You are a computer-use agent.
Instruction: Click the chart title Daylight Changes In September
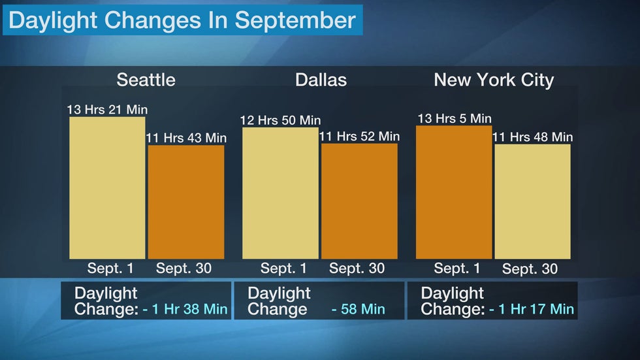(x=182, y=20)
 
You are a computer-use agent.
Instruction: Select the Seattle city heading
(x=146, y=80)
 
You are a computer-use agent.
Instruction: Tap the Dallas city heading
(x=321, y=80)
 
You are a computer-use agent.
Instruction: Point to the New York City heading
(x=494, y=80)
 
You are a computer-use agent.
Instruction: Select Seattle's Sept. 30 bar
(x=186, y=202)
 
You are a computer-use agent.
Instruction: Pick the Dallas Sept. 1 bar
(x=280, y=193)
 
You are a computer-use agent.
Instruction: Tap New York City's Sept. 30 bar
(x=532, y=202)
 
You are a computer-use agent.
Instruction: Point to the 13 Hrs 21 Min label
(x=107, y=109)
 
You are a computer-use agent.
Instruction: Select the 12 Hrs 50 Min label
(x=280, y=120)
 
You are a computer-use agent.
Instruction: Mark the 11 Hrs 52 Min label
(x=360, y=136)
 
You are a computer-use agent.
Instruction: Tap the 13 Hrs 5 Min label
(x=454, y=118)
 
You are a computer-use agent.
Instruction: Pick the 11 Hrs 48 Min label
(x=532, y=137)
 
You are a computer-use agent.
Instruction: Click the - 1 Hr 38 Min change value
(x=185, y=309)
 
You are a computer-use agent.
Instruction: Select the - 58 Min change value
(x=359, y=309)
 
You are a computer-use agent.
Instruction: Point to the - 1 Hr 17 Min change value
(x=532, y=309)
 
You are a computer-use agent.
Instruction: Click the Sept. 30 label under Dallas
(x=357, y=269)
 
